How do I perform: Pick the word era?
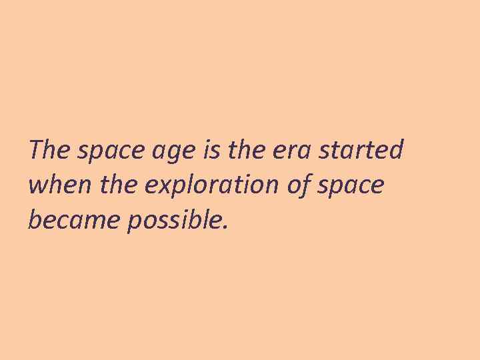point(292,152)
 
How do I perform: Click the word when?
point(55,185)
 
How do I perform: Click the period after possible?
point(225,227)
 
